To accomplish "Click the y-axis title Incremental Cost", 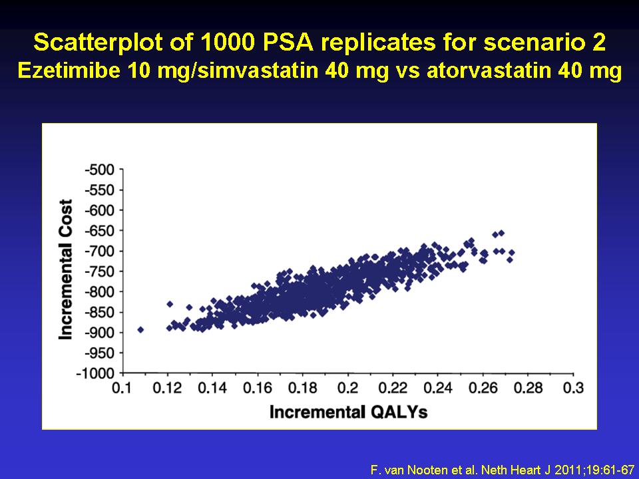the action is coord(66,269).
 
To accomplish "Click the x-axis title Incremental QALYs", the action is coord(348,412).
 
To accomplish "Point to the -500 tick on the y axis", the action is coord(99,170).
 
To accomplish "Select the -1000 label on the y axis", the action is coord(96,373).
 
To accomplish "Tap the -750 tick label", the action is coord(99,271).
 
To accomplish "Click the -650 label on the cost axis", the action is coord(99,231).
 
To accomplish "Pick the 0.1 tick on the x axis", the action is coord(122,388).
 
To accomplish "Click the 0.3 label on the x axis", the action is coord(573,388).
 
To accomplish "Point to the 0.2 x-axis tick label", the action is coord(347,388).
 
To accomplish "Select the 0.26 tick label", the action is coord(483,388).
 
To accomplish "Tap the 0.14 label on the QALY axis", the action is coord(212,388).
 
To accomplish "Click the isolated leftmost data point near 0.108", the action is coord(140,329).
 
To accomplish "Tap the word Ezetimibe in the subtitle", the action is coord(69,71).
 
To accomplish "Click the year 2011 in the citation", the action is coord(566,470).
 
